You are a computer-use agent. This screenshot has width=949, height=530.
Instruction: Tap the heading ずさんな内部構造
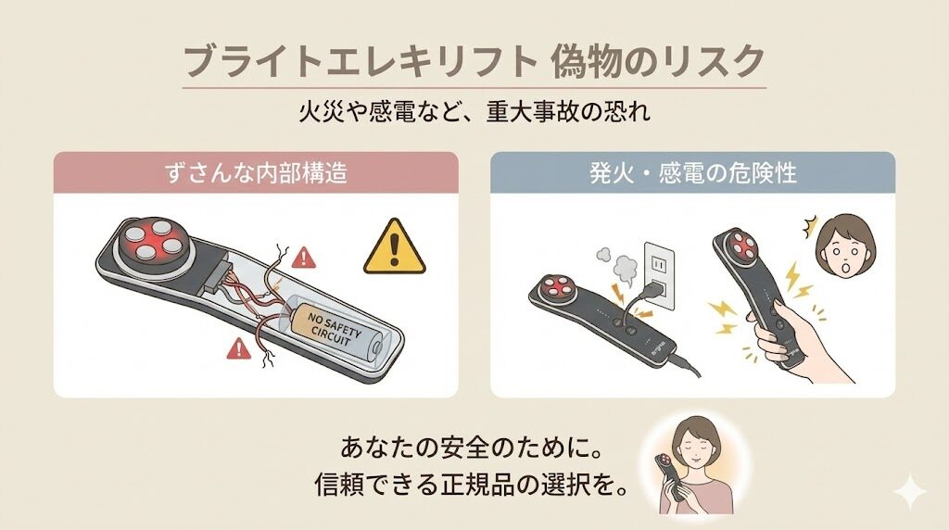255,173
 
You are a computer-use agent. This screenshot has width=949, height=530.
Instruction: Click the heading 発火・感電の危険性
692,173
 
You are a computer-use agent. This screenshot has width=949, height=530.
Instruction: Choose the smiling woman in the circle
691,465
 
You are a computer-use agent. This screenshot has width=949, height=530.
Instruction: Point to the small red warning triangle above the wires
303,256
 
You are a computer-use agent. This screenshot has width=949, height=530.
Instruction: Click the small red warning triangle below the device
240,348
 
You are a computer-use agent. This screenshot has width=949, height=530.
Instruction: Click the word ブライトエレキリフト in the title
358,61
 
